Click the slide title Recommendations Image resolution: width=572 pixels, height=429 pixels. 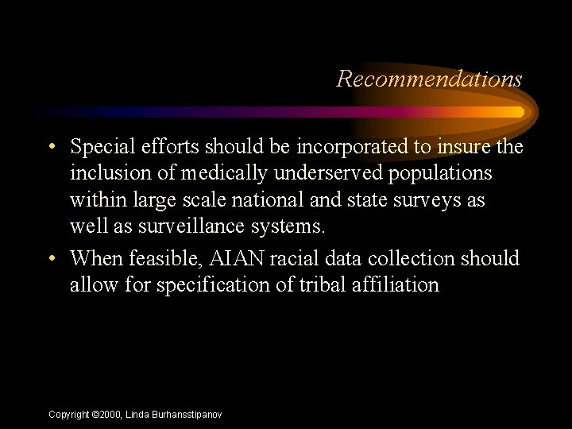[x=429, y=79]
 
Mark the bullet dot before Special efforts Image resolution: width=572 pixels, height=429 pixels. [x=52, y=148]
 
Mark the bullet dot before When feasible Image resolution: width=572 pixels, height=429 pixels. [x=52, y=259]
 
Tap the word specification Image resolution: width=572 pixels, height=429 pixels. [x=210, y=284]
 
